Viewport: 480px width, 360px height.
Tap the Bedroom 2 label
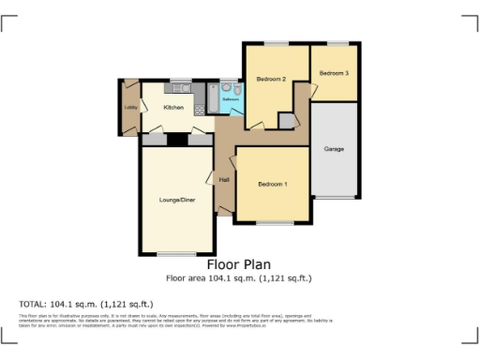coord(271,80)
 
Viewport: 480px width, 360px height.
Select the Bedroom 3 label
coord(334,73)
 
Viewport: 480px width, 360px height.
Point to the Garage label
coord(334,149)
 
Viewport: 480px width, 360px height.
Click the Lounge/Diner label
coord(175,199)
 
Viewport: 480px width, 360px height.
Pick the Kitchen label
coord(173,108)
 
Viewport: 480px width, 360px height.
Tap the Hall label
coord(224,179)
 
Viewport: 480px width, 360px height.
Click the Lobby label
coord(130,107)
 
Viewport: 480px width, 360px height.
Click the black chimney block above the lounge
coord(175,141)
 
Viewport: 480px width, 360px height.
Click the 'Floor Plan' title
coord(239,264)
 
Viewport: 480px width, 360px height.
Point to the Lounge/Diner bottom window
coord(175,254)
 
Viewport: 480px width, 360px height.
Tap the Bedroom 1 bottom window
coord(274,222)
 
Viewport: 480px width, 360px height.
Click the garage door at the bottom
coord(335,198)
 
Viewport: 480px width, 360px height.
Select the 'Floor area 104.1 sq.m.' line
coord(239,278)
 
